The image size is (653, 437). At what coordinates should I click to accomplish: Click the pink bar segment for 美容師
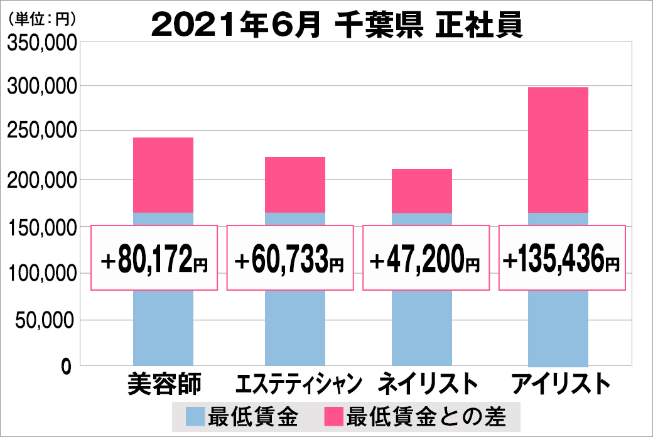point(163,175)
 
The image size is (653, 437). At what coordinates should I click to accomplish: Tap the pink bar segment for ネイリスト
point(422,191)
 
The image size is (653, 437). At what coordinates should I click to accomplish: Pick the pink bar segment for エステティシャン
point(295,185)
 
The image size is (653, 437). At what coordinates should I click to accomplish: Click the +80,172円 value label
point(154,258)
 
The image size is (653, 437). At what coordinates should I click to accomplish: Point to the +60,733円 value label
point(289,258)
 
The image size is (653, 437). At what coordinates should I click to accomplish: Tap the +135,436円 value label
point(562,258)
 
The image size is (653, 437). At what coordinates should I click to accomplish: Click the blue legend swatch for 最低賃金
point(195,416)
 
